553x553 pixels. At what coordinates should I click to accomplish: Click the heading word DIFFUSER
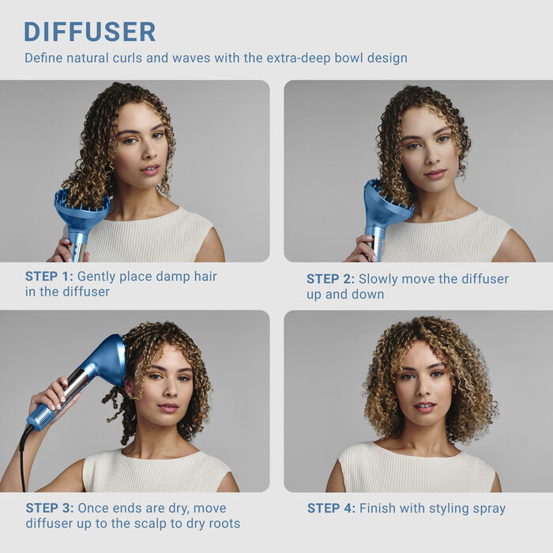[x=89, y=32]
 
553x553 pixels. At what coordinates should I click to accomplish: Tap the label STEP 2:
[x=330, y=279]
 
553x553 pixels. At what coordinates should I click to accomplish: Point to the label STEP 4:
[x=331, y=508]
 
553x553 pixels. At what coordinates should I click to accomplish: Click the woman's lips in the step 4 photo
[x=424, y=408]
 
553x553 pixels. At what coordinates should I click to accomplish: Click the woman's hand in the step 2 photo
[x=362, y=249]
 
